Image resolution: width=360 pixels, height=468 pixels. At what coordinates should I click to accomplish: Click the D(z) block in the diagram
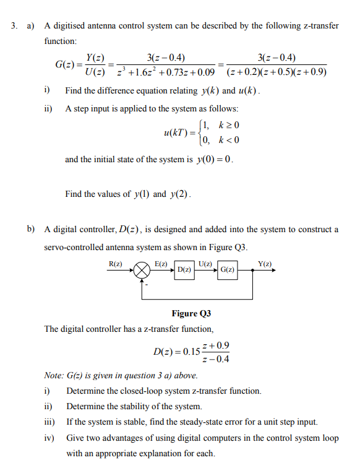click(x=183, y=271)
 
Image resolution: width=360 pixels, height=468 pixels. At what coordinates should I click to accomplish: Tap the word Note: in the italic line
click(x=54, y=375)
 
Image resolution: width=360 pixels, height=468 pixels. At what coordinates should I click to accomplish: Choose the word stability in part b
click(x=144, y=406)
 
